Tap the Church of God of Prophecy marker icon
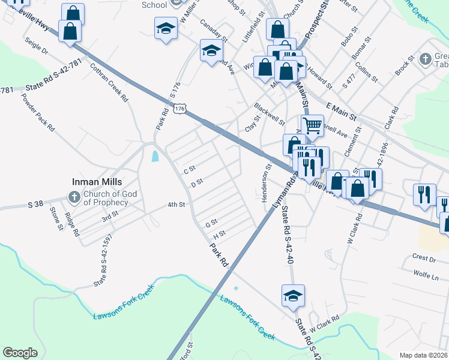click(74, 197)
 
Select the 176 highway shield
click(180, 109)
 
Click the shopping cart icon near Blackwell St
click(312, 125)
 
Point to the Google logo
click(20, 353)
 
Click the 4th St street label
click(176, 205)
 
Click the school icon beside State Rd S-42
click(293, 296)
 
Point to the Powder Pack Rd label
click(37, 112)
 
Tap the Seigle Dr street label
click(36, 47)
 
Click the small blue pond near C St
click(155, 157)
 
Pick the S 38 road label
click(36, 205)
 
